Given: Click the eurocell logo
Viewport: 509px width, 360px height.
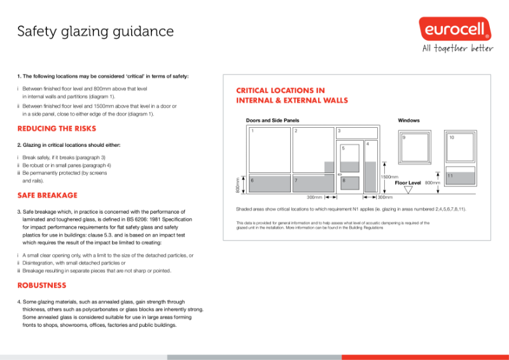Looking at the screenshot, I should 454,29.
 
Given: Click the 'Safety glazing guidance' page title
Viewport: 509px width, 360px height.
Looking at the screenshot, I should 95,31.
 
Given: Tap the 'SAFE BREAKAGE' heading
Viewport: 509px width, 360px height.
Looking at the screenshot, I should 47,195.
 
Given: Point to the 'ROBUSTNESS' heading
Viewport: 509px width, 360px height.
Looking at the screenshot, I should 41,286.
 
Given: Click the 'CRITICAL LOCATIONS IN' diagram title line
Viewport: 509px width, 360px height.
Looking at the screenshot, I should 281,90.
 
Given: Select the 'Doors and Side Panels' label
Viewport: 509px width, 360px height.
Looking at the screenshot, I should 272,120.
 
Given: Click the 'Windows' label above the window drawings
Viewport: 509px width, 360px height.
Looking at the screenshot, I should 408,120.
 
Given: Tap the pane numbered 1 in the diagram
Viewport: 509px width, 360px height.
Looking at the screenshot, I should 268,149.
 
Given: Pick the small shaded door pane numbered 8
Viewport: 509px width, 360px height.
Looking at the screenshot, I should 349,182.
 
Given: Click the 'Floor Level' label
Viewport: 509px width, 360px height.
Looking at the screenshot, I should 408,183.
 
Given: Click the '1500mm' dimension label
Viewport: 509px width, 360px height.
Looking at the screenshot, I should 389,177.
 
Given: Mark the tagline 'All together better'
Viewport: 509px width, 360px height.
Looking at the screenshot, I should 457,49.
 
